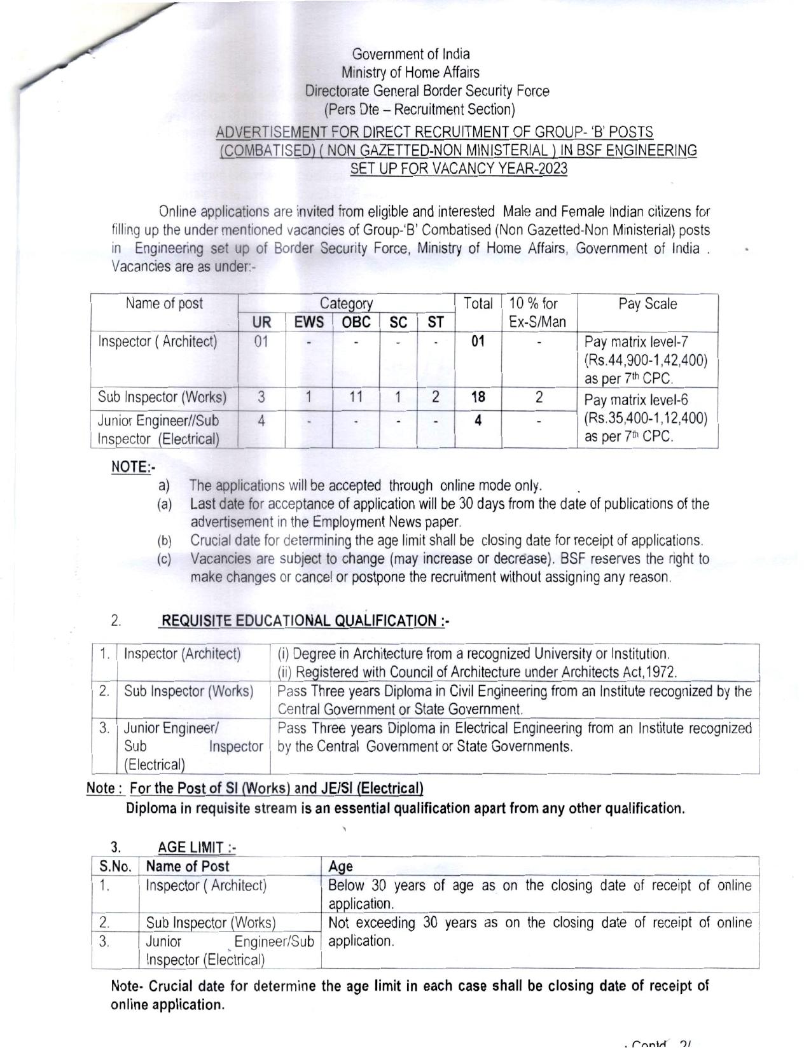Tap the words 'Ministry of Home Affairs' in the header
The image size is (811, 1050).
click(410, 73)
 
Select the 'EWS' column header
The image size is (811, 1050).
click(308, 322)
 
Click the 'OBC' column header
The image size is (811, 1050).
click(356, 322)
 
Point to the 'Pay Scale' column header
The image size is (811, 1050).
click(648, 304)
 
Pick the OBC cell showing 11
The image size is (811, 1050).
click(356, 397)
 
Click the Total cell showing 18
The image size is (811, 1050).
click(478, 397)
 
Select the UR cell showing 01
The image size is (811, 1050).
click(261, 342)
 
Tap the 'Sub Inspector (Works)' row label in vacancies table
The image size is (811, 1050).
click(162, 397)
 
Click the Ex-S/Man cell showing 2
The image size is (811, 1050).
click(539, 397)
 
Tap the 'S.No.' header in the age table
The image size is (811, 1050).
click(115, 866)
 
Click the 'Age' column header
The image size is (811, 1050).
click(340, 866)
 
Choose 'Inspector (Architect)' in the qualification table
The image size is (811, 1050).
click(182, 654)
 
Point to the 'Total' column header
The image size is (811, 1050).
click(478, 304)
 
